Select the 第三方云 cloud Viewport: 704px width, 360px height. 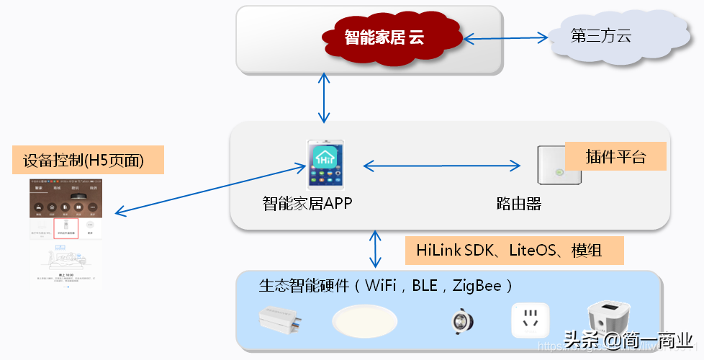602,36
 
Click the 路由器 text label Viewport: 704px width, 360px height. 518,204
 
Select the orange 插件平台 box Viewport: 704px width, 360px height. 615,156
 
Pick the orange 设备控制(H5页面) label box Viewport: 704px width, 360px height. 89,161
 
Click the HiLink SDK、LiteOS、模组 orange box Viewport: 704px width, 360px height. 514,251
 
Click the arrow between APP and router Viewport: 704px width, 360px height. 441,166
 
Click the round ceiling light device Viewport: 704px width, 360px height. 365,320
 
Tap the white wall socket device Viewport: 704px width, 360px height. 531,320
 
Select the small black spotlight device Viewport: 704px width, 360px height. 458,320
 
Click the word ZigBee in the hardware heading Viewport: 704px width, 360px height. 476,286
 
